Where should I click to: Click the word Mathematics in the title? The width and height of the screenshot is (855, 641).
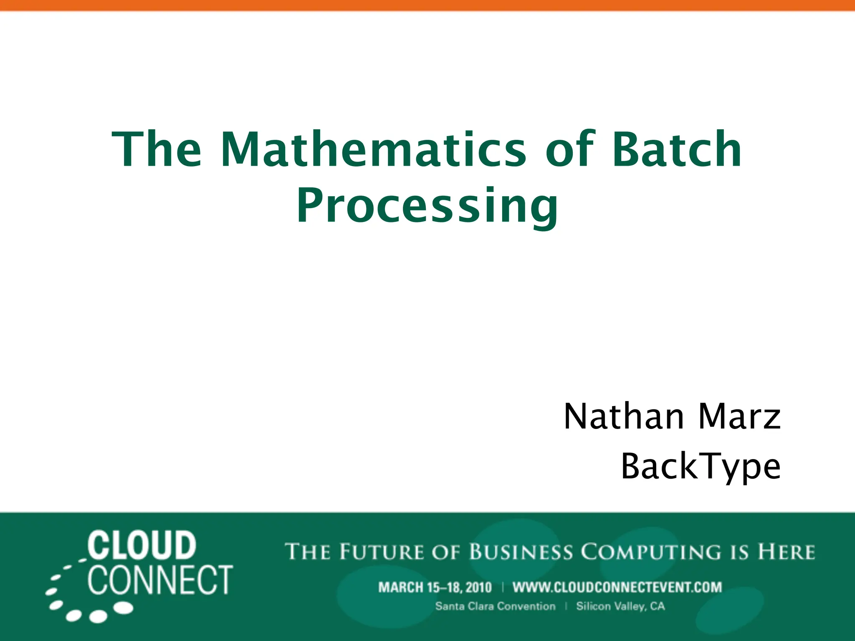(374, 149)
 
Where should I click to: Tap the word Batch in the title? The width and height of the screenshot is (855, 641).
(677, 149)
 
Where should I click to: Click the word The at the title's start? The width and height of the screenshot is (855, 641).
(157, 149)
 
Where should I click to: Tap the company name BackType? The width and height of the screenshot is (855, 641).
(701, 466)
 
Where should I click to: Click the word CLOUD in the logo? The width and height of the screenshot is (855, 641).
(142, 545)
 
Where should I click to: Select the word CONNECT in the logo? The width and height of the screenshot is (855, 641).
(160, 580)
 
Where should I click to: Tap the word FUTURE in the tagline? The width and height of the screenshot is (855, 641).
(382, 552)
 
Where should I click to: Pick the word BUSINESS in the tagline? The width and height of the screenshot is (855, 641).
(521, 552)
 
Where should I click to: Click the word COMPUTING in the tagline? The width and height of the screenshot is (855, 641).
(651, 552)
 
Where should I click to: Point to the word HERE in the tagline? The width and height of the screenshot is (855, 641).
(787, 552)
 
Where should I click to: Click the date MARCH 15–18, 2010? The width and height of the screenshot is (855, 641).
(435, 588)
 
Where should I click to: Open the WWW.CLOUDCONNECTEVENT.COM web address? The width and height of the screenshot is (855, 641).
(617, 588)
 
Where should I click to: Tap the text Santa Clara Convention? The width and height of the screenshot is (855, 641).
(495, 606)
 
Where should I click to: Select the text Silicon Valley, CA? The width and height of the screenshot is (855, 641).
(620, 606)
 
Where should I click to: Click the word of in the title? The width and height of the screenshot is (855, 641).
(570, 149)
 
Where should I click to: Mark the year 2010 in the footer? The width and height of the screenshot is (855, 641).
(478, 588)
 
